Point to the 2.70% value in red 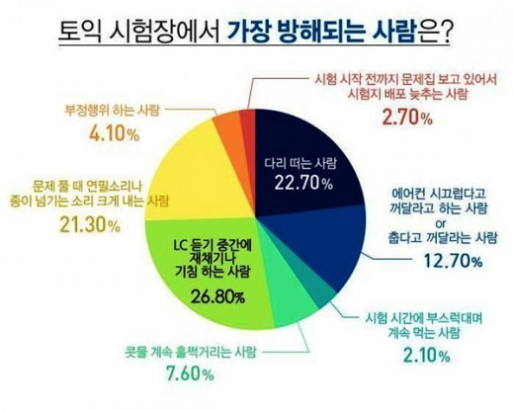coord(407,117)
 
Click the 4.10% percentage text coord(114,133)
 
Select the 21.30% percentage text coord(90,225)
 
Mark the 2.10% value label coord(427,355)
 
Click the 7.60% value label coord(190,373)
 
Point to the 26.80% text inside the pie coord(217,296)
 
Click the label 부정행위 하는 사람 coord(112,110)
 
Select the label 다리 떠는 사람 coord(300,163)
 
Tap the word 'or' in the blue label coord(441,223)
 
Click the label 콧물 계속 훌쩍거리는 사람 coord(190,352)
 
